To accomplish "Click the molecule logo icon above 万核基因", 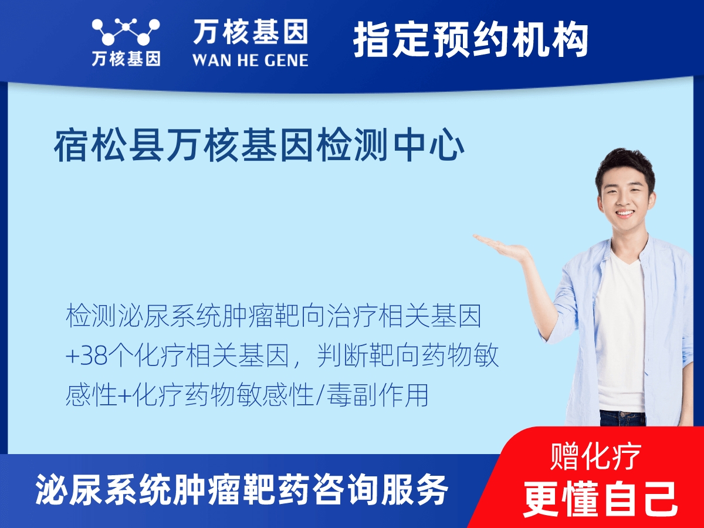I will coord(126,32).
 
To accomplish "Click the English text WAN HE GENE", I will coord(250,59).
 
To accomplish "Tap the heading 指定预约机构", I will coord(471,40).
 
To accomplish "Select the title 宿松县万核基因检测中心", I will coord(259,147).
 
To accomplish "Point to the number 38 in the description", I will coord(96,356).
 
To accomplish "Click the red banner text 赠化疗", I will coord(596,456).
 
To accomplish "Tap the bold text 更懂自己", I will coord(600,498).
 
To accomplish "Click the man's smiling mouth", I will coord(625,214).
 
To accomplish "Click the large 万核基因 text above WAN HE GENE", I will coord(250,32).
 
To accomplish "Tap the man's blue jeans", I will coord(622,418).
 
